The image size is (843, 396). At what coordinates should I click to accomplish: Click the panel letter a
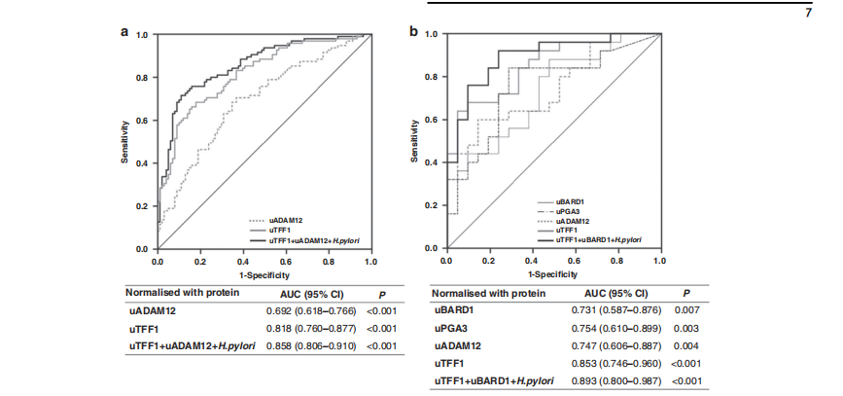point(124,31)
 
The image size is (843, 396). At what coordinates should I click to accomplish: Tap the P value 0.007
point(688,311)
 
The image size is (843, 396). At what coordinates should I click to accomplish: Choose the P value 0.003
point(688,329)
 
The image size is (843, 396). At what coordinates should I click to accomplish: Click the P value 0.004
point(688,346)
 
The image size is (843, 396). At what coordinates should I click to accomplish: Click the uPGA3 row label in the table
point(448,329)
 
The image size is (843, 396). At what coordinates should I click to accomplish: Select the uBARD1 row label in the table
point(451,311)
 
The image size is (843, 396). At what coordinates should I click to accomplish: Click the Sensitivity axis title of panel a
point(125,141)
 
